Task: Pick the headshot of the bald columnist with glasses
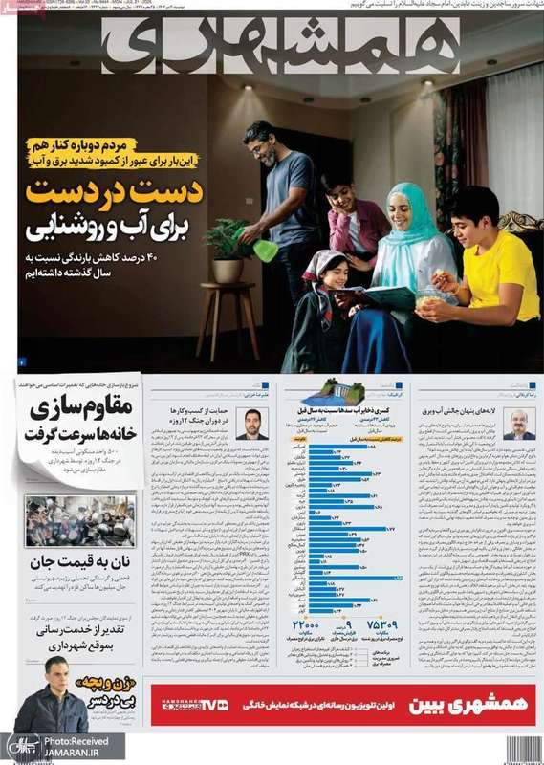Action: pos(518,424)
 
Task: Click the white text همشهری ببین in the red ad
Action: pos(450,706)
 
